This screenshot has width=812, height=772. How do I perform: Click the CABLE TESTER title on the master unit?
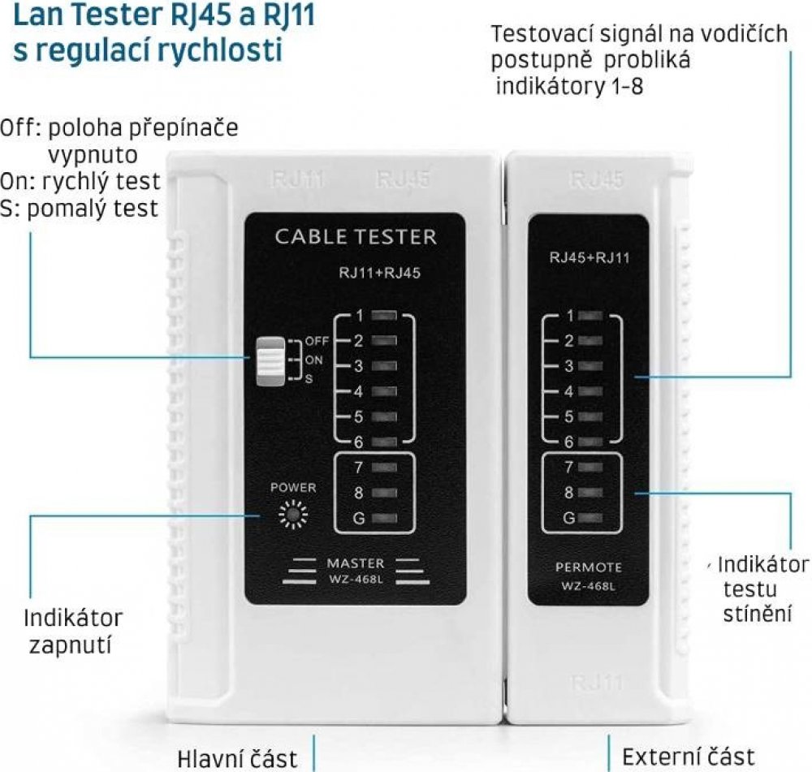click(x=356, y=237)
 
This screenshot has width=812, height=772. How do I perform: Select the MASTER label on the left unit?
click(x=355, y=563)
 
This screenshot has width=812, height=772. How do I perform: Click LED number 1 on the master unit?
click(x=386, y=315)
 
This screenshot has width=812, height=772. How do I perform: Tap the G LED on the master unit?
click(x=386, y=518)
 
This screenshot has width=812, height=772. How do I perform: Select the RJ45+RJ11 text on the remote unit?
click(x=590, y=259)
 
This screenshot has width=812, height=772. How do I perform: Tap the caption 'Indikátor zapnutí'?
click(x=72, y=632)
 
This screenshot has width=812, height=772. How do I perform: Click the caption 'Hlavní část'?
click(x=237, y=758)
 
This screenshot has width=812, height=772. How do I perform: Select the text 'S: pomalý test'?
click(x=79, y=209)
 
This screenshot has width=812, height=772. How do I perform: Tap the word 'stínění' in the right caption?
click(x=757, y=613)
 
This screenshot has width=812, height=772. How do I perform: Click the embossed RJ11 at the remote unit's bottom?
click(x=597, y=682)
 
